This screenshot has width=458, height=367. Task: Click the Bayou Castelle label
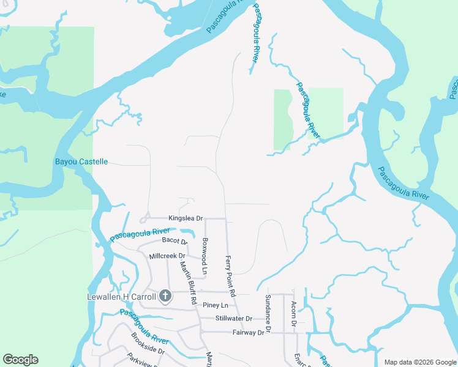click(x=81, y=161)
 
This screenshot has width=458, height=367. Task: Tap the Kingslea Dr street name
click(x=186, y=218)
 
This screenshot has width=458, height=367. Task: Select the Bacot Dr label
click(x=174, y=241)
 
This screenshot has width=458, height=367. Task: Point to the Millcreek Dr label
click(x=167, y=256)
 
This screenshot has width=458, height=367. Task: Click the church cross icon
click(x=165, y=297)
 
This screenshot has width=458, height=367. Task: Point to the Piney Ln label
click(x=216, y=305)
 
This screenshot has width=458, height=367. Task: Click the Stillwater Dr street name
click(x=233, y=319)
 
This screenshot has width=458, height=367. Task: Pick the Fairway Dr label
click(x=247, y=332)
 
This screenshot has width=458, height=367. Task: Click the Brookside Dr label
click(x=148, y=343)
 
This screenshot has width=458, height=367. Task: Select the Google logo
click(x=20, y=360)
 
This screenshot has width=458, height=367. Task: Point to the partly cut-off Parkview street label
click(x=141, y=360)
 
